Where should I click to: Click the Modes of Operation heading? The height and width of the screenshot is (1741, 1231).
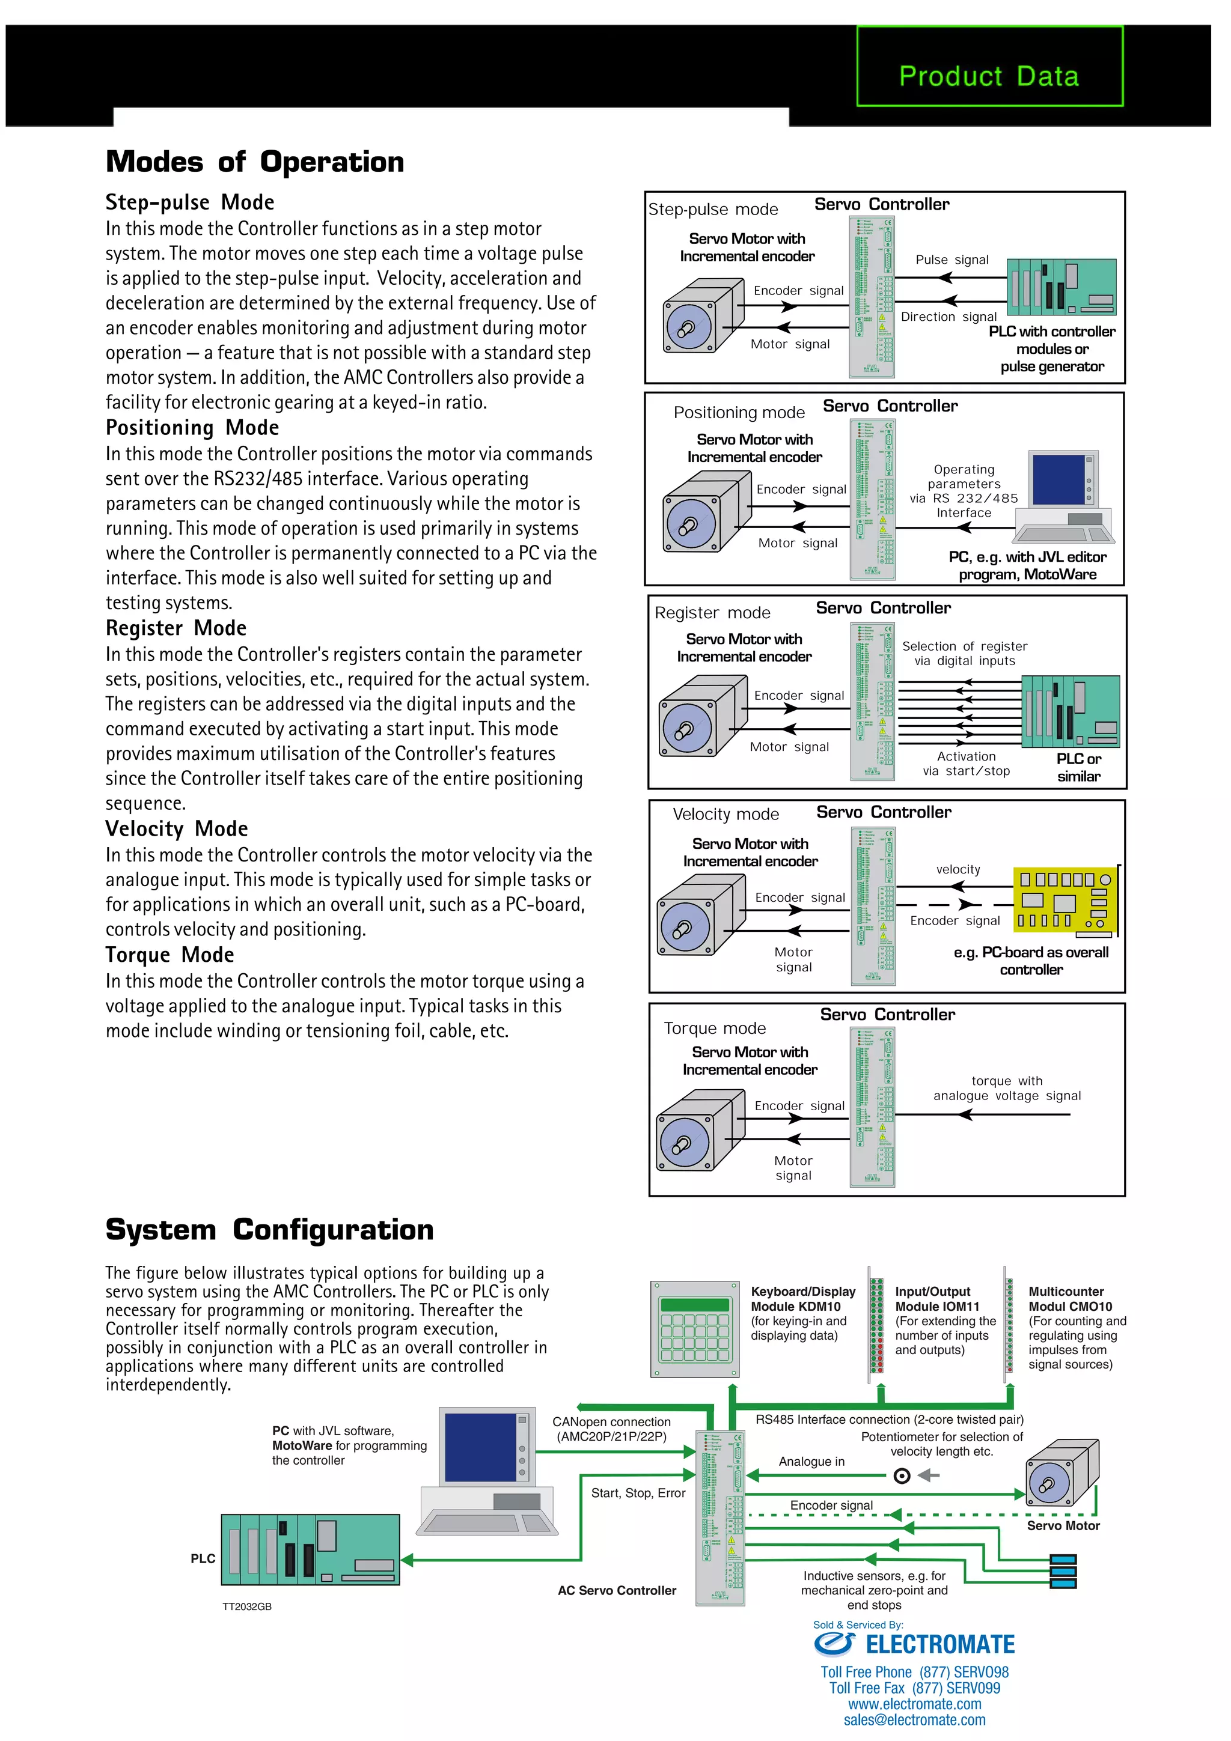(255, 162)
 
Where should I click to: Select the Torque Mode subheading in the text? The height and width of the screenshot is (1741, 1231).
(170, 955)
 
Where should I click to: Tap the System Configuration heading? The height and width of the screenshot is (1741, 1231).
(269, 1229)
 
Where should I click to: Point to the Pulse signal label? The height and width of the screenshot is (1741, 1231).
(952, 260)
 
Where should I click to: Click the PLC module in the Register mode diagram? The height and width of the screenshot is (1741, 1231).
(1070, 711)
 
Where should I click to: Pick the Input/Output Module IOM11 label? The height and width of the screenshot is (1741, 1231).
(936, 1299)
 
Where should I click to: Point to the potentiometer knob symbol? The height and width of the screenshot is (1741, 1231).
(902, 1475)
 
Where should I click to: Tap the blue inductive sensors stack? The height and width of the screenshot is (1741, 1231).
(1063, 1570)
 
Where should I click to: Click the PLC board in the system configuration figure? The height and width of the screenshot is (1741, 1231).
(310, 1550)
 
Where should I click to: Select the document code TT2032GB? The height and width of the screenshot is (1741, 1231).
(246, 1606)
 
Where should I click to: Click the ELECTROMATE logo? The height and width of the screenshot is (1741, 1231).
(914, 1644)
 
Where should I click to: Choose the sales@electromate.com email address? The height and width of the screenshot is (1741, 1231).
(914, 1720)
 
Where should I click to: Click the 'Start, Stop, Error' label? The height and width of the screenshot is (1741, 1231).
(638, 1493)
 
